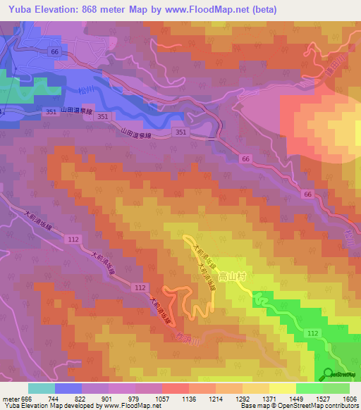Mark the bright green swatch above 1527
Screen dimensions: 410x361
coord(309,388)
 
